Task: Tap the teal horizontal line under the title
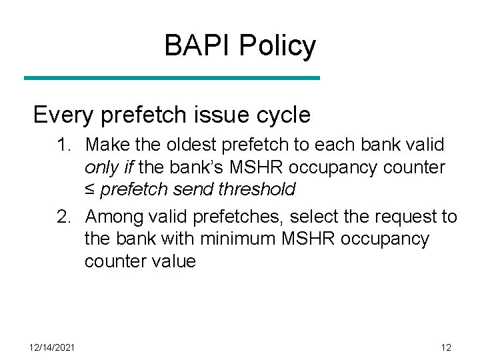pos(172,78)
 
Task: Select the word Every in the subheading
pos(64,115)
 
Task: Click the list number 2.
pos(64,217)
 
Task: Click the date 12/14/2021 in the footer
pos(53,347)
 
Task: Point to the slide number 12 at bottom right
pos(446,347)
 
